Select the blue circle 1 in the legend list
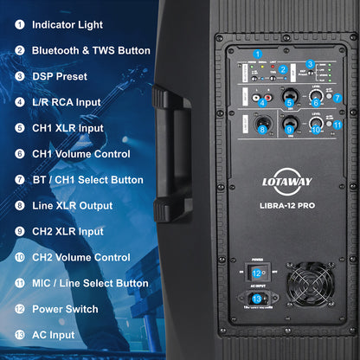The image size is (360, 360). [x=19, y=25]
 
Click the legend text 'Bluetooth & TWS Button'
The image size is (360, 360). [x=91, y=50]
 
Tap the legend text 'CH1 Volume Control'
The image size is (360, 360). [x=81, y=154]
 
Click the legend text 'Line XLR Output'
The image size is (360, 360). [x=72, y=206]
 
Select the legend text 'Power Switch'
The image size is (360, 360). [x=65, y=309]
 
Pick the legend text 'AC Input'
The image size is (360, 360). [x=54, y=335]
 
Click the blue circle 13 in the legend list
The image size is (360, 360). [x=19, y=335]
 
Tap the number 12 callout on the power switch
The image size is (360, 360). [x=256, y=273]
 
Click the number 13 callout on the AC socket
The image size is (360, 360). [x=256, y=299]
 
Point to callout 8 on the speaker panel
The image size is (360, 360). [x=262, y=130]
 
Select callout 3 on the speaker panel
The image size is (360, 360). [x=309, y=64]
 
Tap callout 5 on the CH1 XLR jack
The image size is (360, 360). [x=291, y=103]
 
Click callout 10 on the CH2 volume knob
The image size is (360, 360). [x=316, y=130]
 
